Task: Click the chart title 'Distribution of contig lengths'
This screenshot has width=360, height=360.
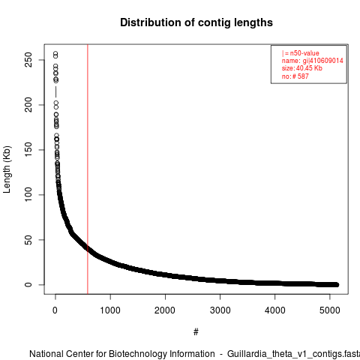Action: coord(196,22)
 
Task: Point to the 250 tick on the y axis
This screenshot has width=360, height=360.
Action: coord(28,60)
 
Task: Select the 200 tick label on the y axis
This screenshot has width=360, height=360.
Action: coord(28,105)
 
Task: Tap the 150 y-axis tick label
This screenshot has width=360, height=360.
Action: coord(28,150)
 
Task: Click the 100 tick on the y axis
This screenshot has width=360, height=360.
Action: coord(28,195)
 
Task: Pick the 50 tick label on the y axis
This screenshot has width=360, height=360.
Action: coord(28,240)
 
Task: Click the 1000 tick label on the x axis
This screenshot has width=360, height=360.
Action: coord(110,310)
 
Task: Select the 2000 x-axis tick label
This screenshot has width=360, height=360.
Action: coord(165,310)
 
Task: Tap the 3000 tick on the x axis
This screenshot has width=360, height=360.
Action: coord(220,310)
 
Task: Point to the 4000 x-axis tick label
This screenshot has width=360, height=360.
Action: coord(275,310)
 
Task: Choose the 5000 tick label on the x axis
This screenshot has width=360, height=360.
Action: coord(330,310)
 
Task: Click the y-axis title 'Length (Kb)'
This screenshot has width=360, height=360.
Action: coord(7,169)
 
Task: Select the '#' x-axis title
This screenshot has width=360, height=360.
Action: coord(196,332)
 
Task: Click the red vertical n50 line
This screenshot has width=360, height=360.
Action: coord(88,169)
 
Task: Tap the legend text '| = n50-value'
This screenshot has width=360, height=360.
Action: coord(301,53)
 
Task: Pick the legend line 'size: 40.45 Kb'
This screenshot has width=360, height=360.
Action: coord(302,68)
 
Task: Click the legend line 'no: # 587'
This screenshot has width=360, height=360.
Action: coord(295,76)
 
